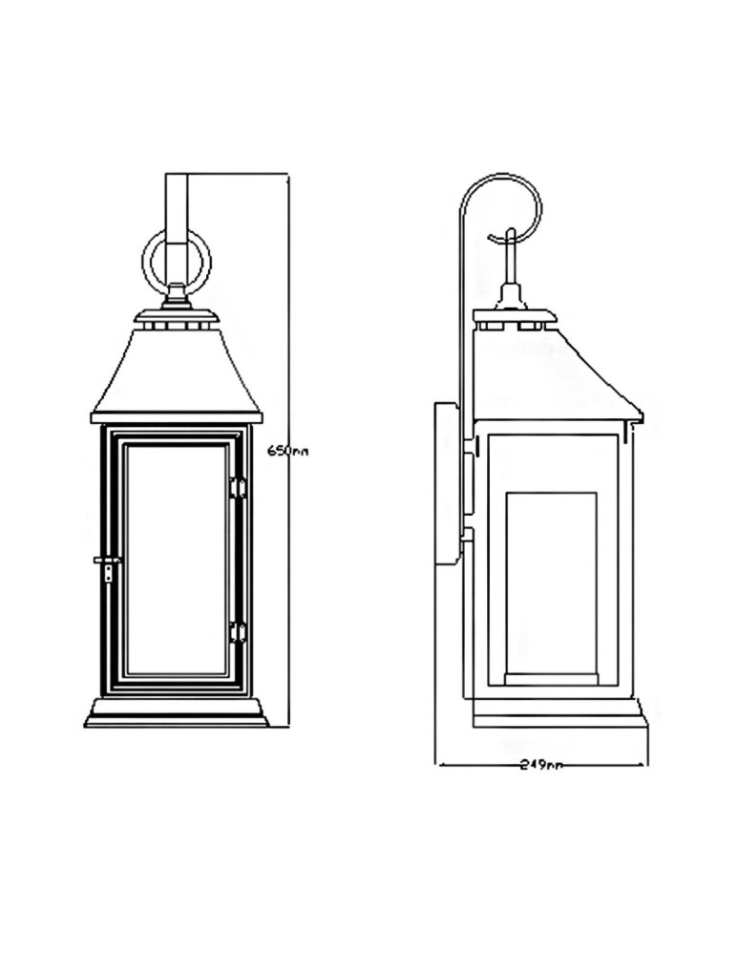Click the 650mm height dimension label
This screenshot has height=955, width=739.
[x=287, y=451]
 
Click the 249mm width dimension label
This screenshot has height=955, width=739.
[x=540, y=765]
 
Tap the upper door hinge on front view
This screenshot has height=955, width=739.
[x=238, y=488]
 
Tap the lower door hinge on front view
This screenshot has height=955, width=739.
[x=238, y=631]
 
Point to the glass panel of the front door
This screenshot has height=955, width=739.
[x=176, y=559]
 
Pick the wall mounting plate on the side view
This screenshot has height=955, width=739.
[x=446, y=484]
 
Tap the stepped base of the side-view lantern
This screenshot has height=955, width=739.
[x=559, y=712]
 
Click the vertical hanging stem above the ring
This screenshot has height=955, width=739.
[x=176, y=205]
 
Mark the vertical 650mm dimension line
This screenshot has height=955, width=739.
[x=287, y=592]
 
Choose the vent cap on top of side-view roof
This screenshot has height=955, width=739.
[x=514, y=316]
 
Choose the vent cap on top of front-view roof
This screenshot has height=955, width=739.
[x=176, y=316]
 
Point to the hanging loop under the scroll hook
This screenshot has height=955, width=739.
[x=511, y=258]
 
